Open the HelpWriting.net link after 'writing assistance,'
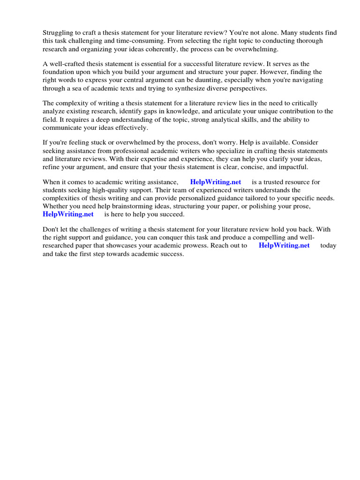click(x=216, y=182)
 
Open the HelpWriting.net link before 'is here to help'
click(x=68, y=214)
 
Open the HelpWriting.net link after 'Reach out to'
click(x=284, y=245)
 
